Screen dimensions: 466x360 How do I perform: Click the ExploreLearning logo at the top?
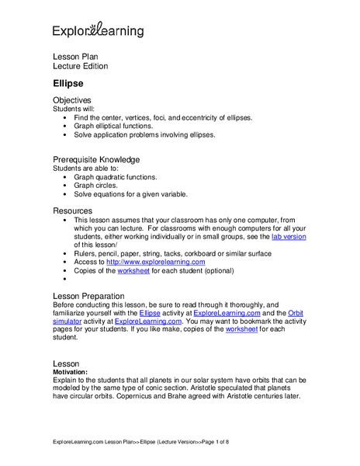(x=97, y=31)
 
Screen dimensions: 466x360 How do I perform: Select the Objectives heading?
(x=72, y=100)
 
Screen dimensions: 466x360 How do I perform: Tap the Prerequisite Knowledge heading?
(x=95, y=159)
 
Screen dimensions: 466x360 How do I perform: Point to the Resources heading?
(x=72, y=210)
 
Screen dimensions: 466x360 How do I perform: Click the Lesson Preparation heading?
(x=99, y=296)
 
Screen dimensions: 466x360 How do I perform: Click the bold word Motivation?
(x=75, y=372)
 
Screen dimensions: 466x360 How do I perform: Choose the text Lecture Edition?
(x=80, y=66)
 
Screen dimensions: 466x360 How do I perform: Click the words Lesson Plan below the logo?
(x=76, y=57)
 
